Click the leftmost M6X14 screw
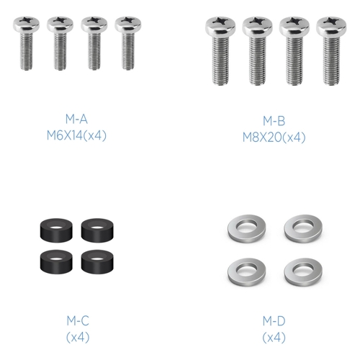[27, 43]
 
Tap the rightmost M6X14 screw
[128, 43]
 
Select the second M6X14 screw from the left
[60, 43]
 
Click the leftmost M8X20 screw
[220, 51]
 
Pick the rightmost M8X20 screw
[331, 51]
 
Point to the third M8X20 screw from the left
[294, 51]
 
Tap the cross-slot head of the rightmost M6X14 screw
[128, 24]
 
